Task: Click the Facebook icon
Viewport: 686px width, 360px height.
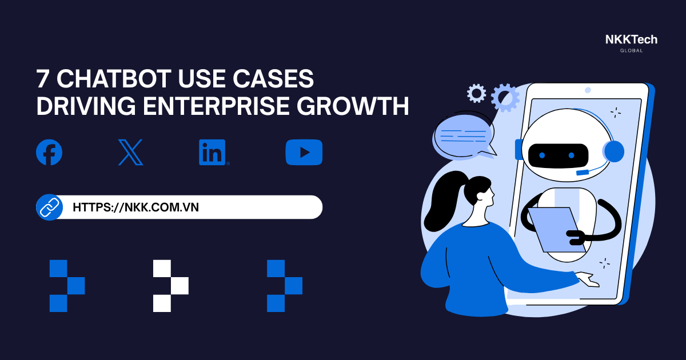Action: pos(49,153)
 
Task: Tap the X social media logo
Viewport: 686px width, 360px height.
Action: pos(130,153)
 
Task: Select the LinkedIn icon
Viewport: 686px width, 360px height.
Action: pos(213,153)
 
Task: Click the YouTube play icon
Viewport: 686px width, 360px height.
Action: pos(304,153)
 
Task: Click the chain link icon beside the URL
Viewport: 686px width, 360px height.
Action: pos(49,207)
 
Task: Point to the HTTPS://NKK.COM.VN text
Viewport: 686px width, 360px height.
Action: pos(136,207)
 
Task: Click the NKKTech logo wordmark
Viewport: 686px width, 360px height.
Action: pos(631,39)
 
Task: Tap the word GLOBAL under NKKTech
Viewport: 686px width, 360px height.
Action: pos(631,51)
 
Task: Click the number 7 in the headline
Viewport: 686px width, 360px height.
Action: pos(43,79)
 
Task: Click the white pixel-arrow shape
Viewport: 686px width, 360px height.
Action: pos(170,286)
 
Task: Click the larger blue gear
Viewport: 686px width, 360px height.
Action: pos(505,97)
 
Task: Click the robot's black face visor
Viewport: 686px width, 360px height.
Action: pos(557,154)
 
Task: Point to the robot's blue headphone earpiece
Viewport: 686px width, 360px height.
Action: pos(613,151)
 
